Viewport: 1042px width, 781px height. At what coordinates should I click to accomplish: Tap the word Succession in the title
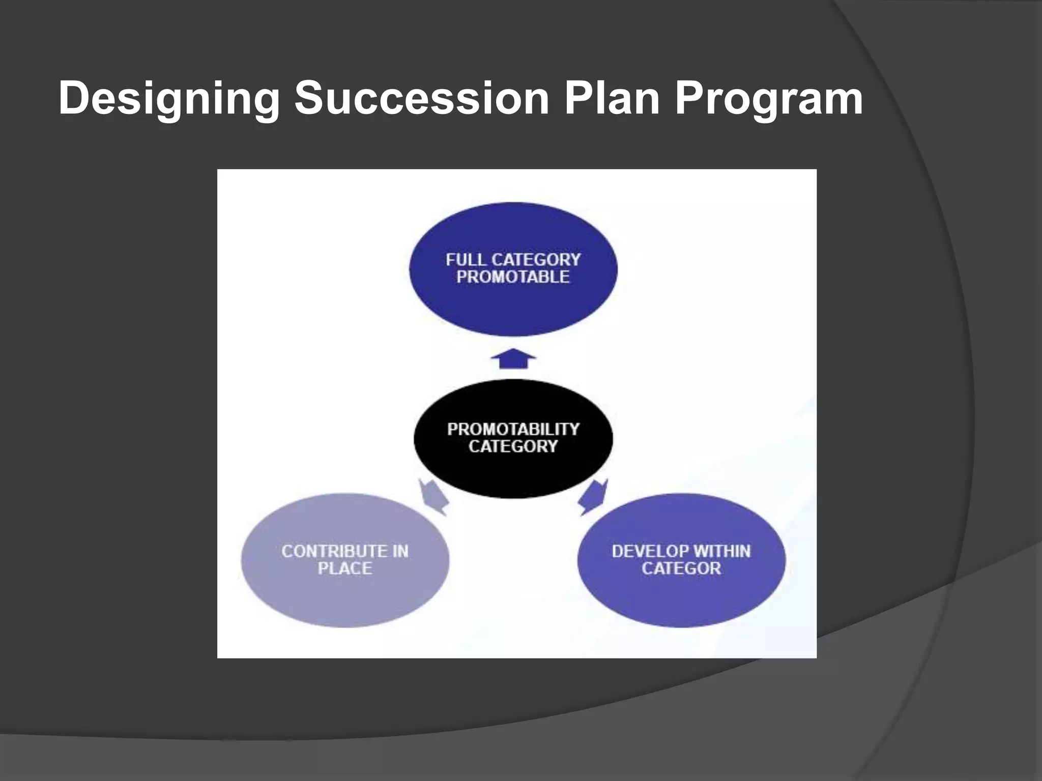422,98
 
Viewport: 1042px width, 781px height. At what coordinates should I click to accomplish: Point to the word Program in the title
769,99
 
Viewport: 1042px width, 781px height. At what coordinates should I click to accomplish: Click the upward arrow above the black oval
513,358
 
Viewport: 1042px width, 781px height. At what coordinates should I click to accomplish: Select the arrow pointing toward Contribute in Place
433,497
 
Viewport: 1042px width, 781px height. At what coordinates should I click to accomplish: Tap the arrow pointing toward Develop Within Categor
593,497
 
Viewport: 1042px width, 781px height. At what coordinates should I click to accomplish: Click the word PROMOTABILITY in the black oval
513,429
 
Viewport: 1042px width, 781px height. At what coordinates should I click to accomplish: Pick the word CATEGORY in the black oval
513,446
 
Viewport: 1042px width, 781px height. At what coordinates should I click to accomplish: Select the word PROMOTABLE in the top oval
513,277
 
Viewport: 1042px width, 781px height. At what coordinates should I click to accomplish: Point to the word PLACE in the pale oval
345,568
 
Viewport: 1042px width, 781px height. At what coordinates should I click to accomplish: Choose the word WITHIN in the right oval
722,551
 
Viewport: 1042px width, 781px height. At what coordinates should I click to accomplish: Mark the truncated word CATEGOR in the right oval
681,568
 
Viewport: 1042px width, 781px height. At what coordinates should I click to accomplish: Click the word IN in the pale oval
400,551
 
